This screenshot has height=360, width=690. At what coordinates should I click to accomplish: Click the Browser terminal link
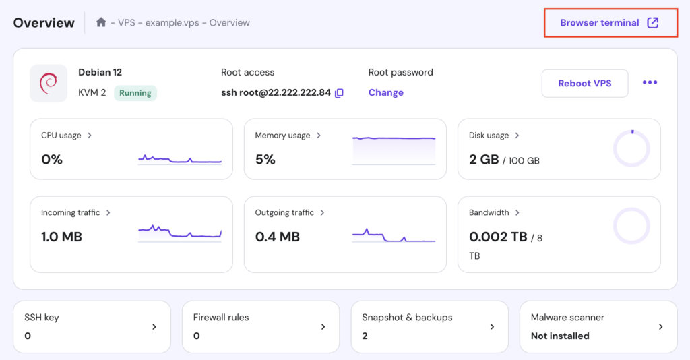[x=600, y=23]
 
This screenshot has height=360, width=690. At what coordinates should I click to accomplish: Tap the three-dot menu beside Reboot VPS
[x=650, y=82]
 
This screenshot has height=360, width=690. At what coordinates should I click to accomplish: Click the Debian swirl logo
[x=49, y=84]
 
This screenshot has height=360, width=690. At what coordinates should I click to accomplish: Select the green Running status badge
[x=135, y=93]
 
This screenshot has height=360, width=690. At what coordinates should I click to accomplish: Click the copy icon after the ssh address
[x=340, y=93]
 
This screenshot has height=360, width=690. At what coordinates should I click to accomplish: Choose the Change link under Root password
[x=385, y=93]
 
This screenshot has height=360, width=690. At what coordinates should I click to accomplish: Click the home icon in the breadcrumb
[x=101, y=22]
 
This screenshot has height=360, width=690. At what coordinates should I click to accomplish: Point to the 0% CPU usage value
[x=52, y=160]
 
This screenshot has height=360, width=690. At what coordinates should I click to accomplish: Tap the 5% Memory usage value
[x=265, y=160]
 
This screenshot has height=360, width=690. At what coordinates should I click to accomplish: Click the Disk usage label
[x=489, y=136]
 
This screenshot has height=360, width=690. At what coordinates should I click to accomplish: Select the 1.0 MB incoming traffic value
[x=61, y=237]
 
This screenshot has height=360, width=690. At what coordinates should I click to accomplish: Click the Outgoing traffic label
[x=284, y=213]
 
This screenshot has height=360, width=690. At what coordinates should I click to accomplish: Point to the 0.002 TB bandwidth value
[x=498, y=237]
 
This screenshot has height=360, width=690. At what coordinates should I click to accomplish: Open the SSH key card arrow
[x=154, y=327]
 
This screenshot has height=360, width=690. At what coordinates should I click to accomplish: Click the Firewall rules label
[x=221, y=318]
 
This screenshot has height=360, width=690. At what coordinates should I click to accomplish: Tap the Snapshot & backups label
[x=407, y=318]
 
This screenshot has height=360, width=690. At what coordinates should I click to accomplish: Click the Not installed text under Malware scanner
[x=560, y=336]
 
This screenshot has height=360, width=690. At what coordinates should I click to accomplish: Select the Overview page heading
[x=44, y=23]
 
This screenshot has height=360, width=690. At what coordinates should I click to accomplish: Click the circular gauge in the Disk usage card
[x=631, y=149]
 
